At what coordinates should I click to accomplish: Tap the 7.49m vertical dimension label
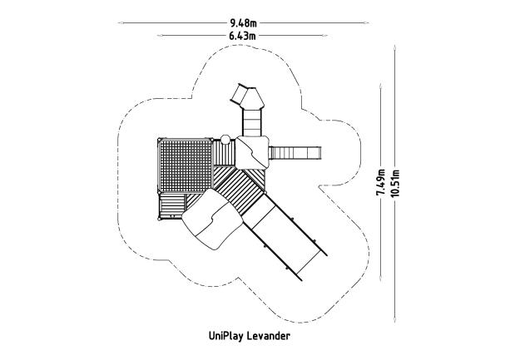[379, 180]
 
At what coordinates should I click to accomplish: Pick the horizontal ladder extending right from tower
[295, 152]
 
